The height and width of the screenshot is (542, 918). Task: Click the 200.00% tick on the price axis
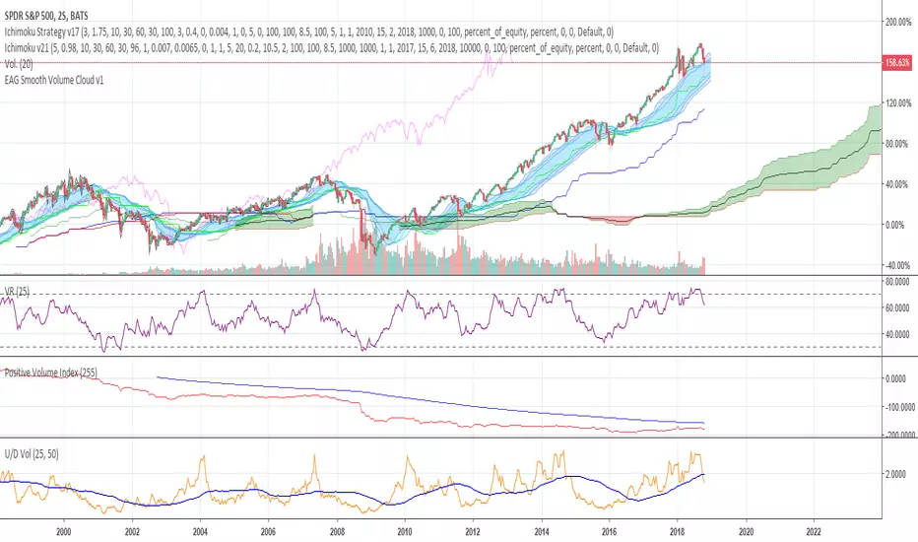pos(897,21)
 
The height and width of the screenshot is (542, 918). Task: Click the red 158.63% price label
pos(897,62)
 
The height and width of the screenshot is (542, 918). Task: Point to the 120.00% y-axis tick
pos(897,102)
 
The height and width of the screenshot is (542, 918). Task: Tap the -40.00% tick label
pos(897,265)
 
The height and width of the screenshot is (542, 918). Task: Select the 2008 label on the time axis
pos(336,528)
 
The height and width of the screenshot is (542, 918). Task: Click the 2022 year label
pos(814,528)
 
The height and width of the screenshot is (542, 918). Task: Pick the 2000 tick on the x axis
pos(64,528)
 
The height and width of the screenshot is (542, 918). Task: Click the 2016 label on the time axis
pos(609,528)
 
